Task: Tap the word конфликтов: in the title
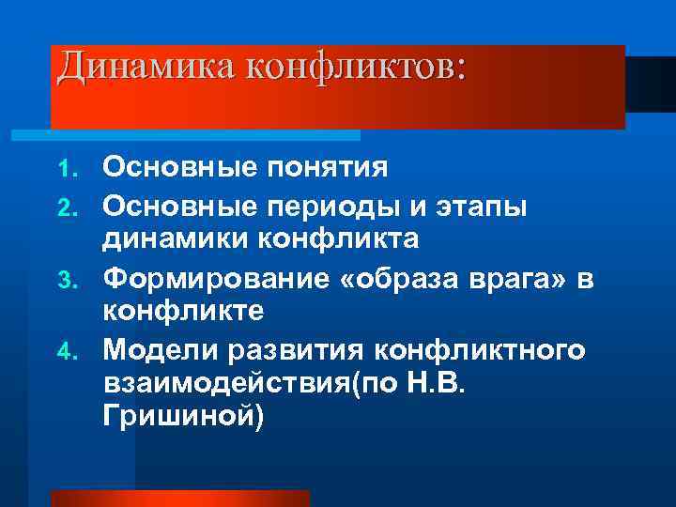[x=356, y=67]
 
